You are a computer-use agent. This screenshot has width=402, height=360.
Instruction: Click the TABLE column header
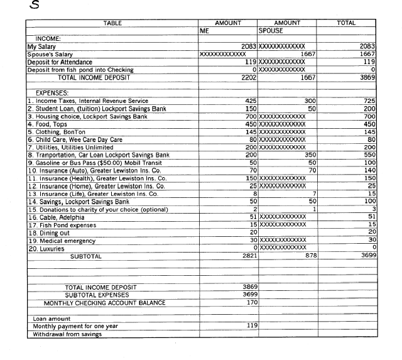112,23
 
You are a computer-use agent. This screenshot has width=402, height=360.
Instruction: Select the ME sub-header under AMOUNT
204,30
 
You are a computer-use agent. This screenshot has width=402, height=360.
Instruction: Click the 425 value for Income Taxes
251,101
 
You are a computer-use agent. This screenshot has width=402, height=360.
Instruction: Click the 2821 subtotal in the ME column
247,256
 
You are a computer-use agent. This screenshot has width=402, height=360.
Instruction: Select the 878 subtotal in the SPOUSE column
309,256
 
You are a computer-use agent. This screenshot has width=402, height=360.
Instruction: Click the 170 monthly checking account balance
250,302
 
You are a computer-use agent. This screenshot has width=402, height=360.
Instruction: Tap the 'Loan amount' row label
52,319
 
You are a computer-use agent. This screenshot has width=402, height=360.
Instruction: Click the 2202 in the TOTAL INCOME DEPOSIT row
247,77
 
